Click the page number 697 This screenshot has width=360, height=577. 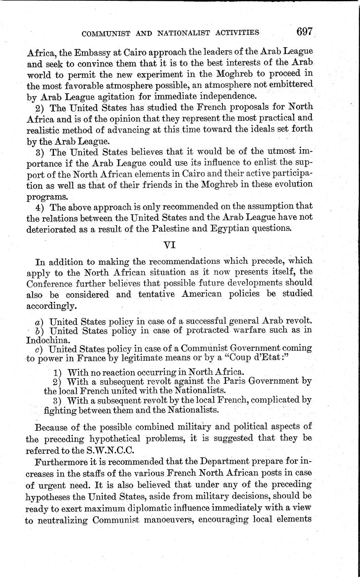(304, 32)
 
